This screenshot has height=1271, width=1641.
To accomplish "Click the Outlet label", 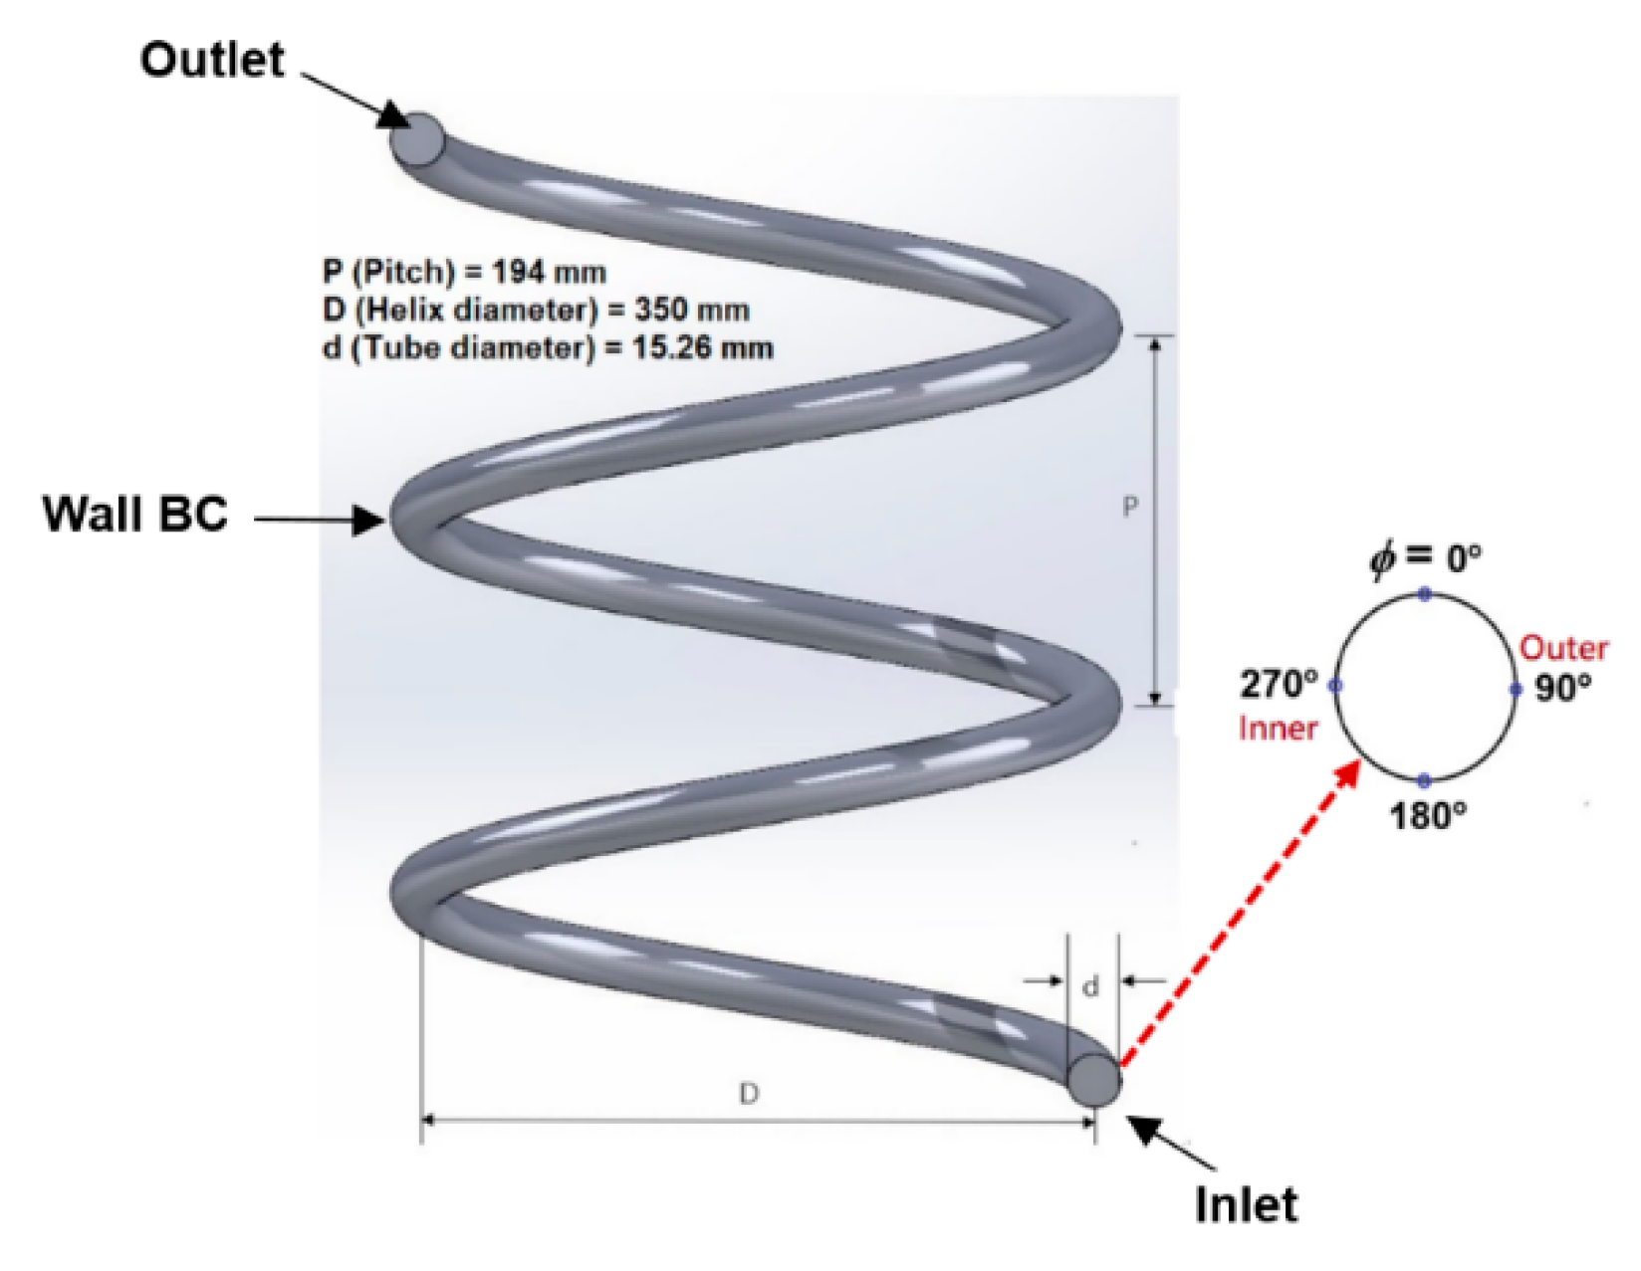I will (211, 60).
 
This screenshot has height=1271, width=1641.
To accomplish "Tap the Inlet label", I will (1246, 1204).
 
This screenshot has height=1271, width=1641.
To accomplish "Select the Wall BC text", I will (135, 515).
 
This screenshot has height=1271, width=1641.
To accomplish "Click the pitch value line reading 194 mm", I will (464, 272).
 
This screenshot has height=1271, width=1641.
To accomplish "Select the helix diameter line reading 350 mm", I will (536, 310).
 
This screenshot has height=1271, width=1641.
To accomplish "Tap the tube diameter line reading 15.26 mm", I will (548, 347).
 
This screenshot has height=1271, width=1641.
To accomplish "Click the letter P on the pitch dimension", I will (1129, 508).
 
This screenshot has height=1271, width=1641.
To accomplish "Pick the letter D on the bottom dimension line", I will (749, 1094).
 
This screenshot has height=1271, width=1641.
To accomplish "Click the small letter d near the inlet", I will (1091, 987).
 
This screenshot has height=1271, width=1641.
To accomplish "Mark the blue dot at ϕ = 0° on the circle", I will (1425, 594).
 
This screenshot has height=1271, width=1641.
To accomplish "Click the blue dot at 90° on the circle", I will (1516, 689).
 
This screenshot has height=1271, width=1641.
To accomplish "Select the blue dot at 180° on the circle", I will (1425, 780).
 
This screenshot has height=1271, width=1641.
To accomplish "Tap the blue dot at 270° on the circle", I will (1335, 687).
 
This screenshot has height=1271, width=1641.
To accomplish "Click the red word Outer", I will (1563, 648).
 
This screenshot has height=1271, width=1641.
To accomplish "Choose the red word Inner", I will (1279, 729).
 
